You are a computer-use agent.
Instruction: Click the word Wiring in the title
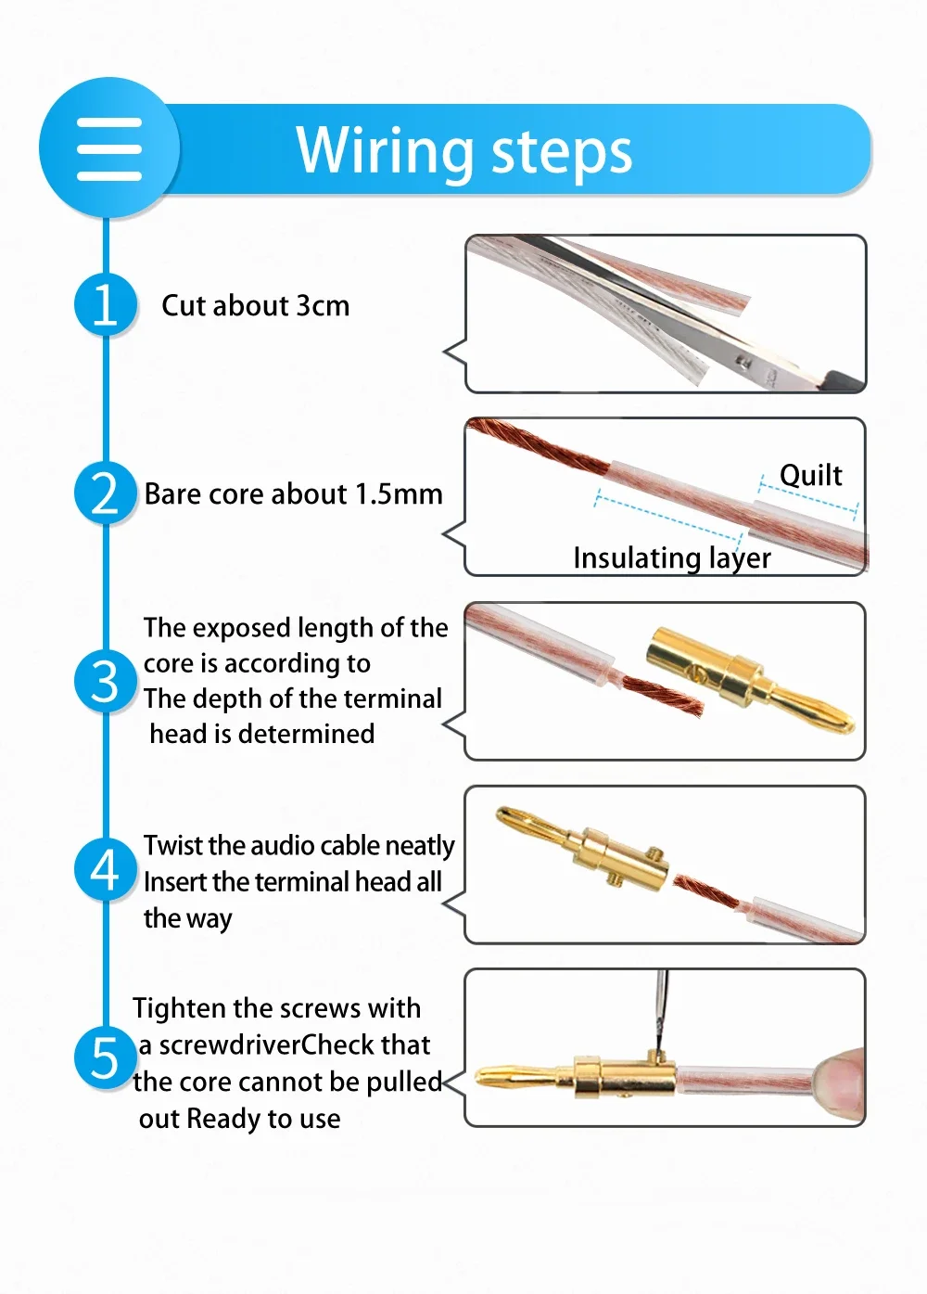click(385, 150)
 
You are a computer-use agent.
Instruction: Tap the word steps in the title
click(562, 153)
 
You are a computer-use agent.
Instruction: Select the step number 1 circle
click(106, 304)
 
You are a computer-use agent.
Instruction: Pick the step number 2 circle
click(106, 493)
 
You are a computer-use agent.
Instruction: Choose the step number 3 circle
click(106, 681)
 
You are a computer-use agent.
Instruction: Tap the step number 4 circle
click(106, 869)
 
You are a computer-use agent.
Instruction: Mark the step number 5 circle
click(106, 1057)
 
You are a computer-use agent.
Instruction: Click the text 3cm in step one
click(323, 305)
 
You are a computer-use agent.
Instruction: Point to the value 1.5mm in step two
click(399, 493)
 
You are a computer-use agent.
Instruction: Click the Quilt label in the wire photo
click(810, 476)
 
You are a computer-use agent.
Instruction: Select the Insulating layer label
click(672, 558)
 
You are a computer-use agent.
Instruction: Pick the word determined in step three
click(306, 735)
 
